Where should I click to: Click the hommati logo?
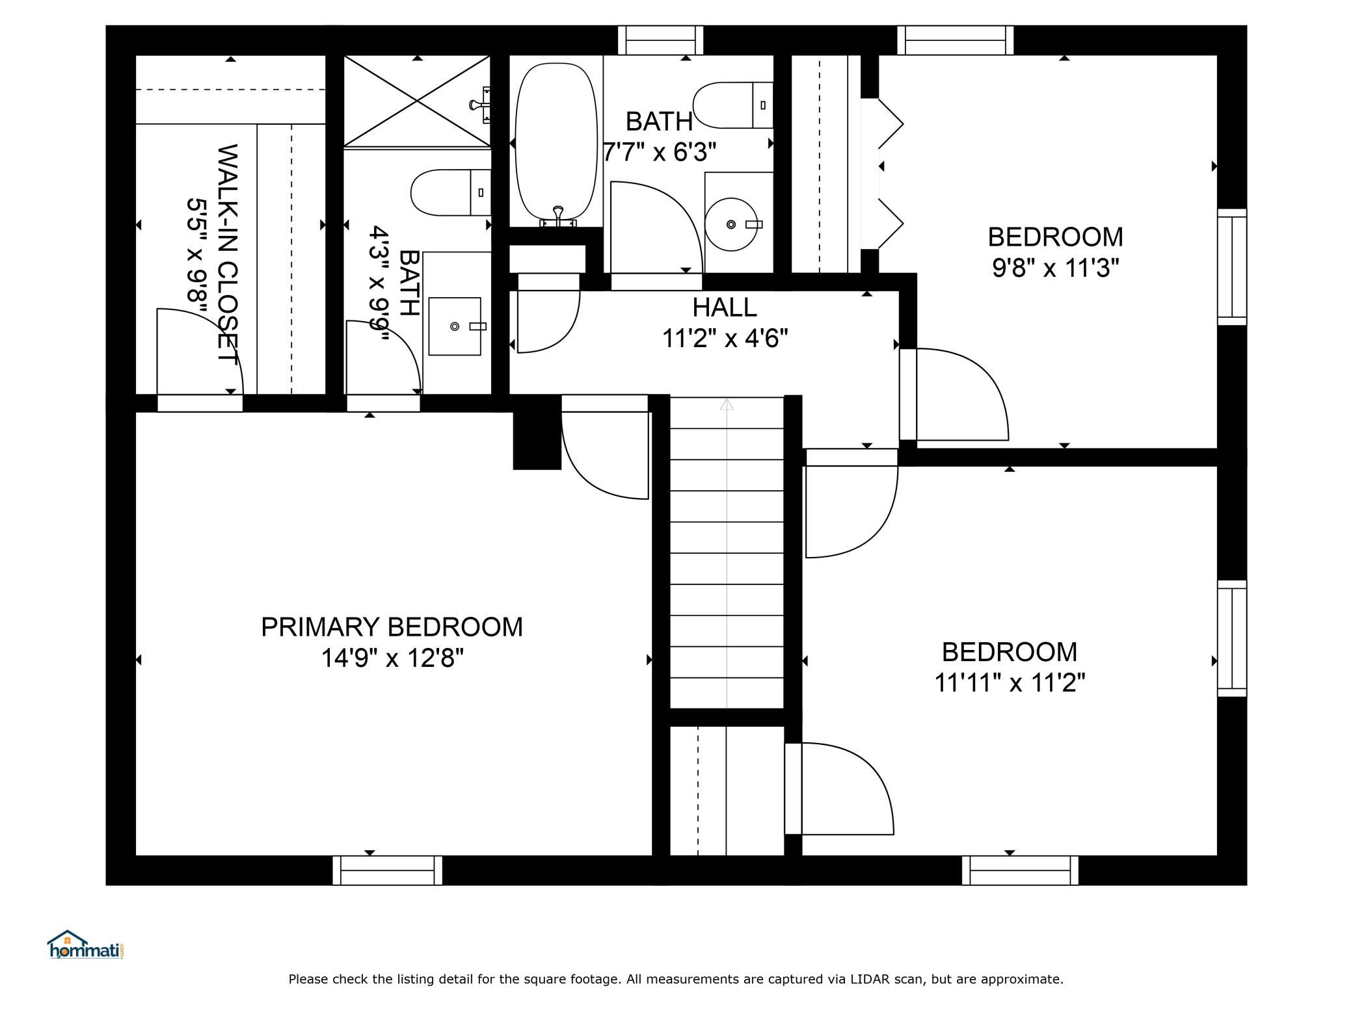click(x=86, y=944)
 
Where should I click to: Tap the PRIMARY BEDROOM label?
click(x=392, y=627)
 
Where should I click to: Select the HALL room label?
click(x=725, y=307)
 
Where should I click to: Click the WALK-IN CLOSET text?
click(x=226, y=254)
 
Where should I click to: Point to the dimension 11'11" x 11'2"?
click(x=1010, y=683)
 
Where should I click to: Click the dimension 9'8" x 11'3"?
click(x=1055, y=268)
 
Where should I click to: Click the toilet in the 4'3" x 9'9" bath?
click(x=451, y=192)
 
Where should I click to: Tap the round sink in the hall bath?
click(x=732, y=224)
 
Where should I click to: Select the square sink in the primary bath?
click(x=455, y=326)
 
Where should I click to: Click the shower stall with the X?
click(x=417, y=101)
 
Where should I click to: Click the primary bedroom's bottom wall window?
click(x=388, y=870)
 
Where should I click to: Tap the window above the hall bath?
click(x=660, y=40)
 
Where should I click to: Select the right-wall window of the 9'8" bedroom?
click(x=1232, y=266)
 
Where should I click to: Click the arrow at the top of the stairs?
click(x=727, y=404)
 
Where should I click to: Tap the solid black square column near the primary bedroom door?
click(x=537, y=432)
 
